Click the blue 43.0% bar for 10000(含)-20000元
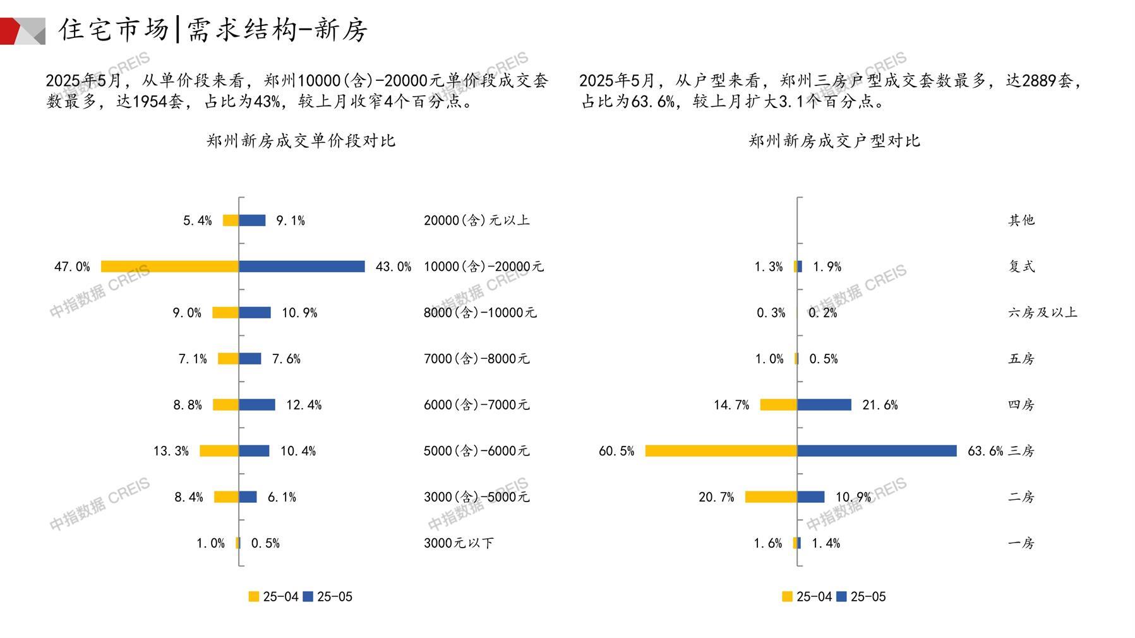(x=302, y=267)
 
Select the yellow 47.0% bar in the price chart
(x=169, y=267)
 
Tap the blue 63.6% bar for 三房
(x=877, y=451)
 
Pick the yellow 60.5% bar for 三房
(x=721, y=451)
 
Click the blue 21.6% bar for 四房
(x=824, y=405)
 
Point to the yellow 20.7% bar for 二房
(x=771, y=497)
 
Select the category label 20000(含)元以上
(x=477, y=220)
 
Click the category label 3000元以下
(x=459, y=543)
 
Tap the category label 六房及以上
(x=1043, y=313)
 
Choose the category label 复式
(x=1021, y=267)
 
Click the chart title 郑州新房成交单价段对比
(x=301, y=141)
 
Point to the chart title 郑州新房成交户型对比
(x=834, y=141)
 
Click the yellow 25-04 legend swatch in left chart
(x=254, y=597)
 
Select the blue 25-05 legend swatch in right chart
(x=841, y=597)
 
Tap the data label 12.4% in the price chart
(x=304, y=405)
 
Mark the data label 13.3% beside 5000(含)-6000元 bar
(x=171, y=451)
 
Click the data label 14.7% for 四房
(x=731, y=405)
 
